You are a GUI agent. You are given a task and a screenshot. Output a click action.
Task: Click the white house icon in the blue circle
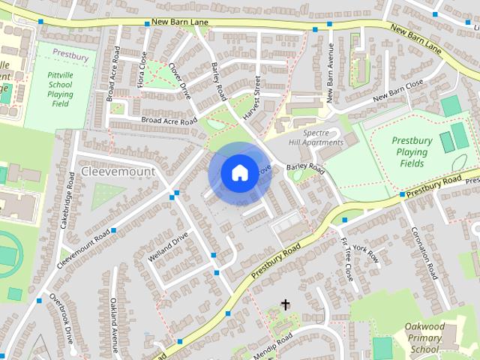(238, 173)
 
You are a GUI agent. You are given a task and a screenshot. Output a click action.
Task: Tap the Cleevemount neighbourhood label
(118, 172)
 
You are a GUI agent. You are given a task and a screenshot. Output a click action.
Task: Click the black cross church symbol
(285, 304)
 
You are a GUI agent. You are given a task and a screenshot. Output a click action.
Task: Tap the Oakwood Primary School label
(424, 337)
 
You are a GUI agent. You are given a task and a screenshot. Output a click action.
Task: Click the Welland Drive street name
(168, 247)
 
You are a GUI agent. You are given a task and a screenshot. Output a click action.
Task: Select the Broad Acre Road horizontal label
(169, 121)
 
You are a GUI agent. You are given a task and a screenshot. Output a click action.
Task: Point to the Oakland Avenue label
(114, 325)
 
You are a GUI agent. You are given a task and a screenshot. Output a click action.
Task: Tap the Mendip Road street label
(273, 346)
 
